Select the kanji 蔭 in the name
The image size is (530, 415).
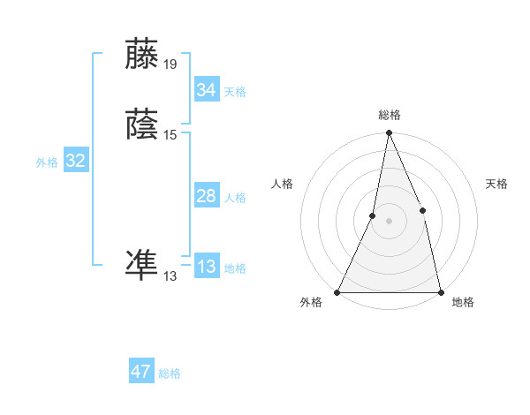[143, 124]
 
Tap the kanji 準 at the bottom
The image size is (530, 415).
[143, 266]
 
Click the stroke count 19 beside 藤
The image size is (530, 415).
[170, 64]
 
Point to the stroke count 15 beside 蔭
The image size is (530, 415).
[170, 135]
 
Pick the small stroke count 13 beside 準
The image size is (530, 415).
[170, 276]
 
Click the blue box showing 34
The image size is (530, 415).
[206, 89]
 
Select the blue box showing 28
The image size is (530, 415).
[206, 196]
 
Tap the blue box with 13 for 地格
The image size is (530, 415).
[206, 267]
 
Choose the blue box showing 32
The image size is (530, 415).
[75, 161]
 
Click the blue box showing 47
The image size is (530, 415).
[141, 372]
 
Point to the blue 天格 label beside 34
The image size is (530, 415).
[235, 91]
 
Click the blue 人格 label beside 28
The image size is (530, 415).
[235, 198]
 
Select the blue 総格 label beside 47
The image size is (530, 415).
[170, 373]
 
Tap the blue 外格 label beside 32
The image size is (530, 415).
[47, 162]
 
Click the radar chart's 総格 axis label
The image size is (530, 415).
[389, 115]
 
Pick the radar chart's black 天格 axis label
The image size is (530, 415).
[496, 184]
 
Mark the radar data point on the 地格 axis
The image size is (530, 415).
[440, 292]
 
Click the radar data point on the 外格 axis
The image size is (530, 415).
[337, 292]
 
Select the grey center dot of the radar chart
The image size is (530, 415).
[389, 221]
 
